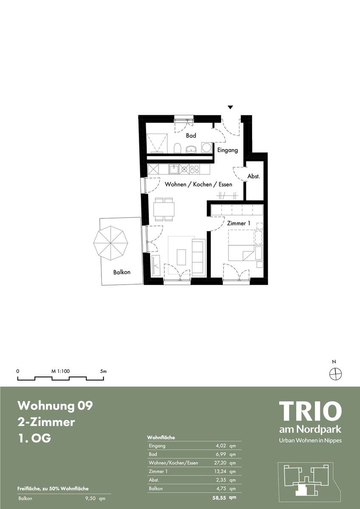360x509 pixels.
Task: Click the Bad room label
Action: [191, 136]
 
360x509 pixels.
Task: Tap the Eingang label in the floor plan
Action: [228, 150]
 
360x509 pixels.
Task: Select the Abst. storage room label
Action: [253, 176]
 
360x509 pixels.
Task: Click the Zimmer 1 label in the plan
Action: [239, 224]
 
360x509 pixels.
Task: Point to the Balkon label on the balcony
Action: [122, 272]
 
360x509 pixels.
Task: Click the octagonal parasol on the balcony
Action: [110, 243]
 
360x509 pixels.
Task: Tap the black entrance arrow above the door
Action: [231, 107]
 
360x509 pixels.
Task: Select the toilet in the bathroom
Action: [177, 148]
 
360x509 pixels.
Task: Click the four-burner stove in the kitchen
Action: [195, 169]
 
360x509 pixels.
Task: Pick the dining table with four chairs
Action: [164, 209]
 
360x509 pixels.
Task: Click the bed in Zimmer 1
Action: [241, 245]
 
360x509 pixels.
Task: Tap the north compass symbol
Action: [336, 374]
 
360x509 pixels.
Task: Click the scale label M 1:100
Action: [60, 371]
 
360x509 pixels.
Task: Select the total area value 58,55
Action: [219, 498]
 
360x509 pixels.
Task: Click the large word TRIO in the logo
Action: [310, 411]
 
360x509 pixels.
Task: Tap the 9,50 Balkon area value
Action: [90, 498]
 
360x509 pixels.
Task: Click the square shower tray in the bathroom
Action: [157, 143]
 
